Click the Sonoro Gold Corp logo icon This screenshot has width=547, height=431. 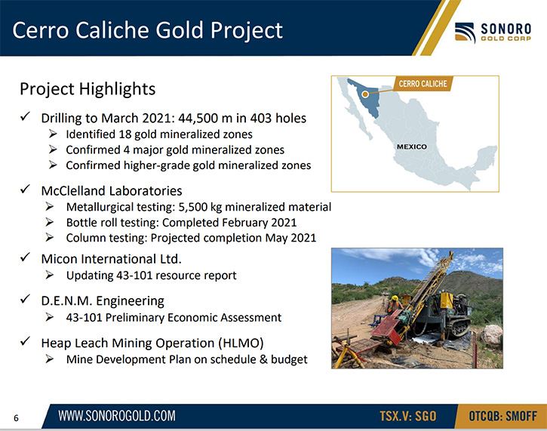coord(465,32)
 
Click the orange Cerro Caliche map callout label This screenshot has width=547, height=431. coord(423,84)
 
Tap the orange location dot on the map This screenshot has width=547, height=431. coord(365,94)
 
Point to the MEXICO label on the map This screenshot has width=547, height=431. coord(412,146)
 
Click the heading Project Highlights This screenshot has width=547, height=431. coord(88,89)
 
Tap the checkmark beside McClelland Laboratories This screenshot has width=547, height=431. coord(25,189)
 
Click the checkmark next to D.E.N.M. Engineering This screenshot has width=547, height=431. coord(25,299)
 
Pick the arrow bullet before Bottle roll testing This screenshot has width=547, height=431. coord(50,222)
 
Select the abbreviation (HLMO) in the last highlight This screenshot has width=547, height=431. coord(241,343)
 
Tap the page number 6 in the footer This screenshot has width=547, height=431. coord(16,417)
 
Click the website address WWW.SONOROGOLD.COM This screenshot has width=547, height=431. coord(117,416)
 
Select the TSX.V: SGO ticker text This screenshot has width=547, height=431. coord(408,416)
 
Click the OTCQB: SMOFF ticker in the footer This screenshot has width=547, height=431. coord(502,416)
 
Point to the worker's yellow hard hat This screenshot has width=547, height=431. coord(395,297)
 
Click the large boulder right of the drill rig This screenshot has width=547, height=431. coord(491,334)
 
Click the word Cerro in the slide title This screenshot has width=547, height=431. coord(41,30)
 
